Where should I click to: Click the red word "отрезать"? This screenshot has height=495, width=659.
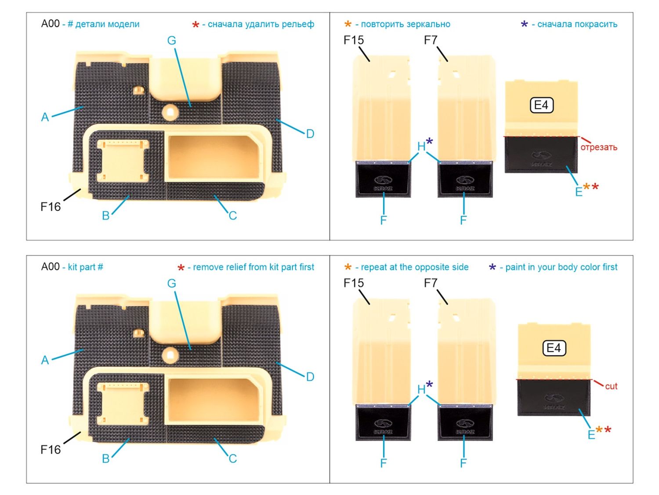click(598, 147)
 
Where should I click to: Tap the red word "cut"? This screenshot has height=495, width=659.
click(611, 386)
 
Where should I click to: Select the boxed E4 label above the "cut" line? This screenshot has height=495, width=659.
click(554, 348)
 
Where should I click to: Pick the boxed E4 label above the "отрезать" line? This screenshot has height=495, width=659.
click(541, 105)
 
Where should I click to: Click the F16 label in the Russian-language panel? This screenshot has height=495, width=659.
click(51, 207)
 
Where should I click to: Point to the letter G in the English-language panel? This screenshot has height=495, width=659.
click(171, 283)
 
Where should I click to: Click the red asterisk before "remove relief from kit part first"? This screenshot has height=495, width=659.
click(181, 268)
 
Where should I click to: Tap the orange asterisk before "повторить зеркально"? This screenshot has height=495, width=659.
click(348, 24)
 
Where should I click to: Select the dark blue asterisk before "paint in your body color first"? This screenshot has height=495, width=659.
click(492, 268)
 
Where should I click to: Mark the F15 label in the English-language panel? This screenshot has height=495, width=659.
click(353, 283)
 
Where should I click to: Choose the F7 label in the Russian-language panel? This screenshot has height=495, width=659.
click(431, 40)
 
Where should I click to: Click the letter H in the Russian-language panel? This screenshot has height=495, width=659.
click(421, 146)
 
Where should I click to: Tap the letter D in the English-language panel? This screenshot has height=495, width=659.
click(310, 377)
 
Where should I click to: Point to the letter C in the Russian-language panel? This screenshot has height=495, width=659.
click(232, 216)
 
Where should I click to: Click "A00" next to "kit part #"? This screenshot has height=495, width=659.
click(50, 267)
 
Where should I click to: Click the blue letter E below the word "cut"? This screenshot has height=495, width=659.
click(591, 435)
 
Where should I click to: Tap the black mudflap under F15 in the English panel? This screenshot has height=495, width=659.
click(383, 423)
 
